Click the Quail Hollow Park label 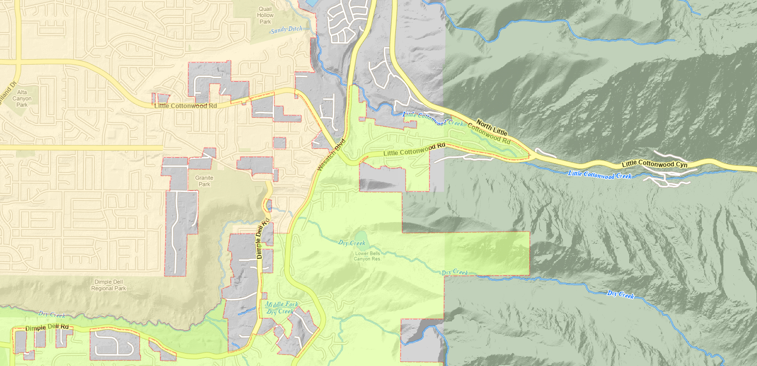pyautogui.click(x=265, y=16)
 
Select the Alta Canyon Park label pyautogui.click(x=21, y=98)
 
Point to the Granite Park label pyautogui.click(x=204, y=181)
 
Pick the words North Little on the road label pyautogui.click(x=492, y=127)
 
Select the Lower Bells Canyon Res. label pyautogui.click(x=367, y=256)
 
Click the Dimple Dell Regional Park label pyautogui.click(x=109, y=285)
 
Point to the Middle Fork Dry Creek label pyautogui.click(x=279, y=309)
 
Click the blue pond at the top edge pyautogui.click(x=313, y=3)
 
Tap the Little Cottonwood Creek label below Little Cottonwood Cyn pyautogui.click(x=600, y=174)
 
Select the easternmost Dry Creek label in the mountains pyautogui.click(x=620, y=295)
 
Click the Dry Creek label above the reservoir pyautogui.click(x=351, y=243)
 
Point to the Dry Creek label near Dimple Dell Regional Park pyautogui.click(x=51, y=314)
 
